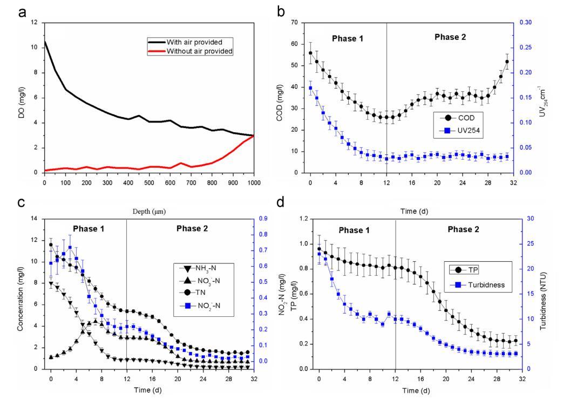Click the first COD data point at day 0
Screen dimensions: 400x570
click(x=310, y=53)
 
